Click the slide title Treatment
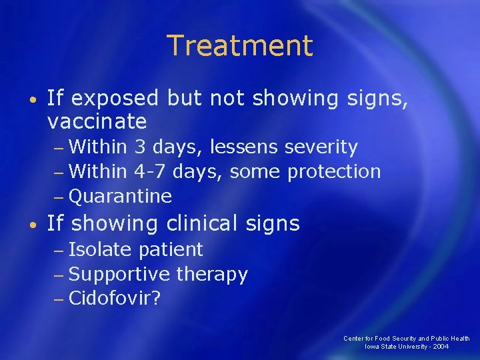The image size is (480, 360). point(239,46)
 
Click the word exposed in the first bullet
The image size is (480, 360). point(114,99)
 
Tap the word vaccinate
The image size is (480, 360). point(97,121)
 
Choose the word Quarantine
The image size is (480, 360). point(120,196)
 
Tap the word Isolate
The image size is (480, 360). point(101,249)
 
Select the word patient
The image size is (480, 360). point(171,249)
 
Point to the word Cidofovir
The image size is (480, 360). point(110,298)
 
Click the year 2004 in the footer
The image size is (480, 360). point(440,347)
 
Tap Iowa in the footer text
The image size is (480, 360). point(371,347)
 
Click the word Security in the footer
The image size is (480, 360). point(403,339)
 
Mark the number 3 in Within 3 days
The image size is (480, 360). point(140,147)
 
